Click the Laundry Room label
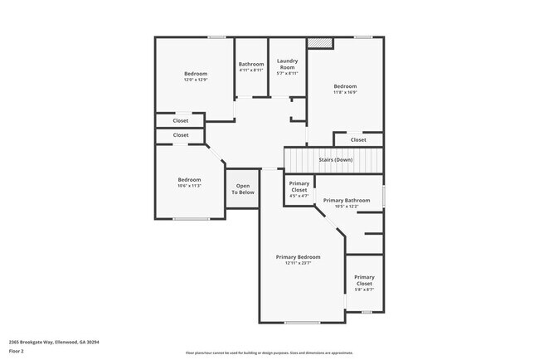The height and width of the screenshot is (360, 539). (287, 62)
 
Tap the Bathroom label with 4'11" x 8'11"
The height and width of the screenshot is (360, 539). (251, 64)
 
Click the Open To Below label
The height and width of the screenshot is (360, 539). (243, 189)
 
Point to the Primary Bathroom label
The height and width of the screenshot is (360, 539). (347, 201)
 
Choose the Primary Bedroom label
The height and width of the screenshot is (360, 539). (298, 257)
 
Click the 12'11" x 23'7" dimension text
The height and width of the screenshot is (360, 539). (298, 264)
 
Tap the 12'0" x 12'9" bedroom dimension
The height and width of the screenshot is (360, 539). (196, 80)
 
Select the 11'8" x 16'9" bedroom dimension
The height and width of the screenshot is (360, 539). (345, 92)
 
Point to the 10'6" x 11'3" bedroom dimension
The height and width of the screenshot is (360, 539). (189, 186)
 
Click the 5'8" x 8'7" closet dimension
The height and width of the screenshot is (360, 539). (364, 289)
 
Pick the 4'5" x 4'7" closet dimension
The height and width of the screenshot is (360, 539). (299, 196)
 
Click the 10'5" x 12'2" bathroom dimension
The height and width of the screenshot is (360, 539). (347, 207)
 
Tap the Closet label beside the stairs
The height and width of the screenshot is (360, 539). (358, 139)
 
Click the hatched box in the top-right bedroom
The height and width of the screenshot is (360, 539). (320, 42)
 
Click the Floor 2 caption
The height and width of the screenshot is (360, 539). (17, 352)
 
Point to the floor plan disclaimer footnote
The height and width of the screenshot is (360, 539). (269, 353)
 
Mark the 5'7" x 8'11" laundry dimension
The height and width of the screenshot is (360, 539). (287, 72)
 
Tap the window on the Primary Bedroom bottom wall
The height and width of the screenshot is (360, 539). (302, 322)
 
